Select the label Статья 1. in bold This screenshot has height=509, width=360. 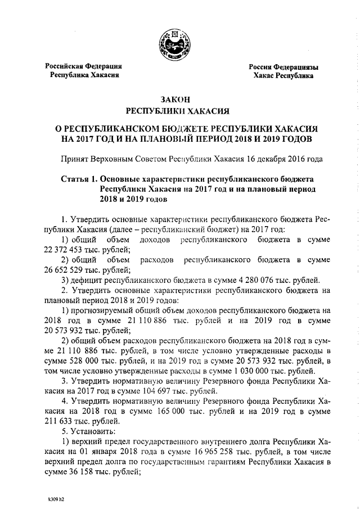78,178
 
